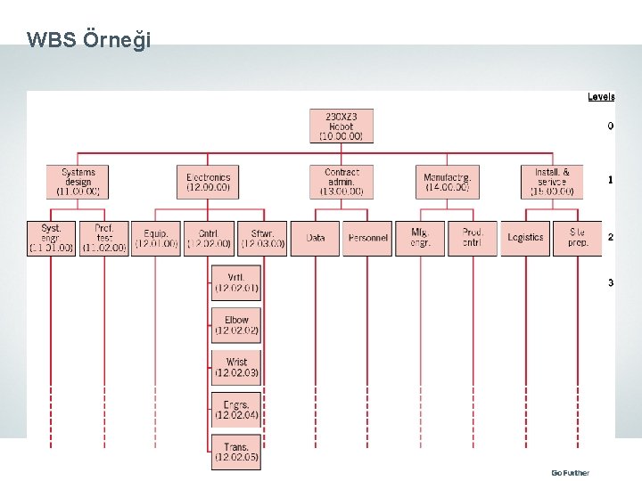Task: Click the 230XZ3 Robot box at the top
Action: pyautogui.click(x=342, y=126)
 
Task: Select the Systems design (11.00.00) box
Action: pyautogui.click(x=78, y=182)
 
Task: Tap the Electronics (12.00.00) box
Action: pyautogui.click(x=208, y=182)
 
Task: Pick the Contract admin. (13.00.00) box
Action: pyautogui.click(x=342, y=182)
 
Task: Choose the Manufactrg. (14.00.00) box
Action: pyautogui.click(x=447, y=182)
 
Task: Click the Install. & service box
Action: pyautogui.click(x=552, y=182)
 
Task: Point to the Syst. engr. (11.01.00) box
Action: pyautogui.click(x=52, y=238)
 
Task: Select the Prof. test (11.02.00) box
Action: pyautogui.click(x=104, y=238)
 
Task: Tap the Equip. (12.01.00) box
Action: pyautogui.click(x=156, y=238)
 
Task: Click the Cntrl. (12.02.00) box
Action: pyautogui.click(x=209, y=238)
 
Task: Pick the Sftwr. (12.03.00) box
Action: pyautogui.click(x=262, y=238)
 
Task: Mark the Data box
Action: pyautogui.click(x=315, y=238)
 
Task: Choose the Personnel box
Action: pyautogui.click(x=367, y=238)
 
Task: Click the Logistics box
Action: pyautogui.click(x=525, y=238)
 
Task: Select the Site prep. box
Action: pyautogui.click(x=578, y=238)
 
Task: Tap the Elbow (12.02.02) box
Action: pyautogui.click(x=236, y=325)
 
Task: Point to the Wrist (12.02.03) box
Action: pyautogui.click(x=236, y=367)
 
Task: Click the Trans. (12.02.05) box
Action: pyautogui.click(x=236, y=452)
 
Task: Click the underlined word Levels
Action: pyautogui.click(x=600, y=97)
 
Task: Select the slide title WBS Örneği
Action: pyautogui.click(x=89, y=40)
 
